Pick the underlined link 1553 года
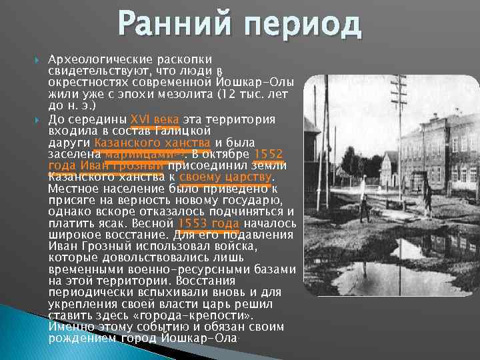pos(209,223)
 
